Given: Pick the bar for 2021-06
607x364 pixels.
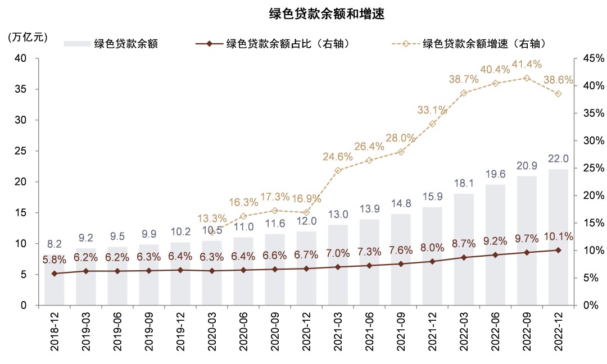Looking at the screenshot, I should pyautogui.click(x=369, y=262).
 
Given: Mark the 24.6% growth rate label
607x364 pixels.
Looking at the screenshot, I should pyautogui.click(x=338, y=157).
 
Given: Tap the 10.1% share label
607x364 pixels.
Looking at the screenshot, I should pyautogui.click(x=558, y=237).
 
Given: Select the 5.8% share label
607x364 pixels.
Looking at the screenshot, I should pyautogui.click(x=55, y=260).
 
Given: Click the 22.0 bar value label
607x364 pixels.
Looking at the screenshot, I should pyautogui.click(x=558, y=159).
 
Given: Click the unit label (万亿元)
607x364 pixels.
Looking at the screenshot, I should pyautogui.click(x=28, y=38).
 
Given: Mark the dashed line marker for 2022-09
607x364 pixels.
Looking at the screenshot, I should pyautogui.click(x=527, y=78).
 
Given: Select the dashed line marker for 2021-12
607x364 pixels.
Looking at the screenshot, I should pyautogui.click(x=432, y=124).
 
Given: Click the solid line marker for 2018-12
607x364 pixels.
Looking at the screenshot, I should pyautogui.click(x=54, y=274).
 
